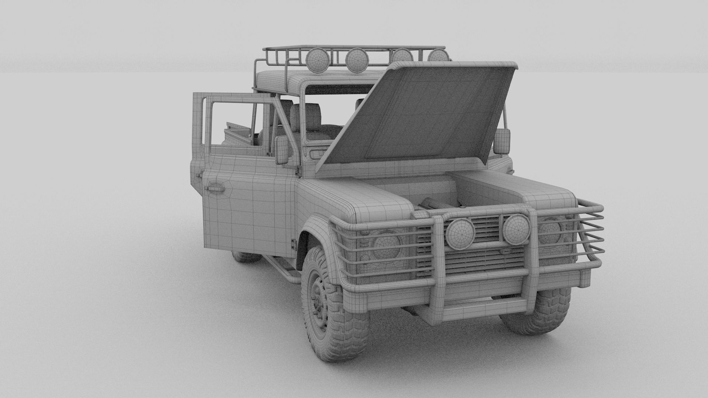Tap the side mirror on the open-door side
[282, 150]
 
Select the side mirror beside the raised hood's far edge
[502, 142]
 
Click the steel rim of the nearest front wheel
[318, 298]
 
